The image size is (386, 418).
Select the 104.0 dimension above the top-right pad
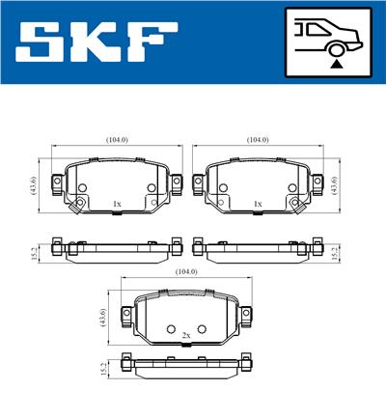[x=257, y=140]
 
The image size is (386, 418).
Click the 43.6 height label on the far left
[x=33, y=183]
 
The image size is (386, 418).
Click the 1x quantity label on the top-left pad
[x=117, y=204]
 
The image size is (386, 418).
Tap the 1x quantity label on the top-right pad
[x=257, y=204]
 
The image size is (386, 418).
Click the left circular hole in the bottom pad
[x=170, y=328]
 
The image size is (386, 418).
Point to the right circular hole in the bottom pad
[x=201, y=328]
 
